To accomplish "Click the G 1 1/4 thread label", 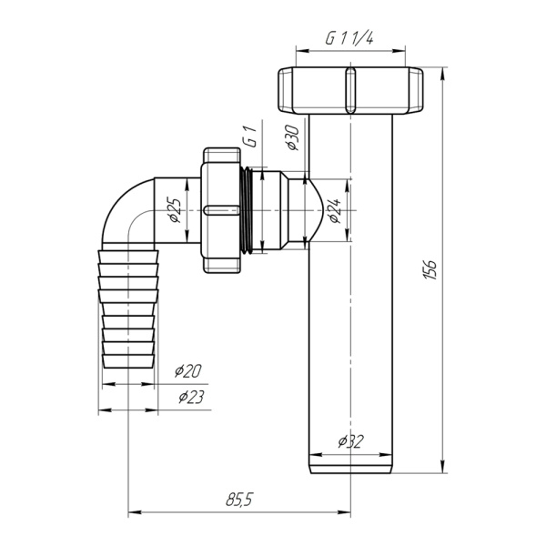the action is [x=349, y=38].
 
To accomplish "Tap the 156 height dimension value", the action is [x=430, y=269].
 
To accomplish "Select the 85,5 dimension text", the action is [x=239, y=500].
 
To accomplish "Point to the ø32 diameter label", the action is [x=350, y=441].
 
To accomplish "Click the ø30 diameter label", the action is [x=293, y=137].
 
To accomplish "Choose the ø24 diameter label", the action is [x=335, y=211].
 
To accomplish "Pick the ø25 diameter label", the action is [x=175, y=210].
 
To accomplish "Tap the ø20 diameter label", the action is [x=188, y=371].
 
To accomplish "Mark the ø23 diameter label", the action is [x=191, y=397].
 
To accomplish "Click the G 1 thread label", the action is [x=250, y=137].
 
